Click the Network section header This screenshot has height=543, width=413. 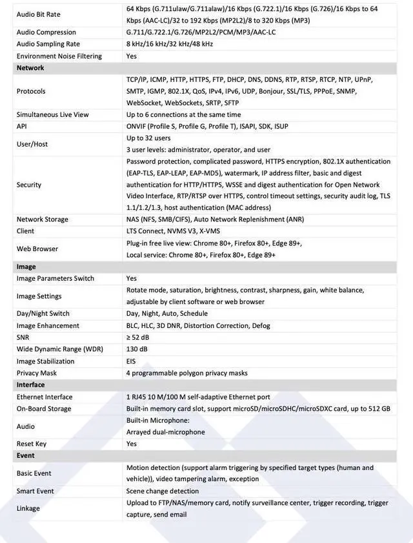(x=30, y=68)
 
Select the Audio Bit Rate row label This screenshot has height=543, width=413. (x=39, y=14)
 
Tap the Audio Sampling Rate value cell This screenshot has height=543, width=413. (x=169, y=44)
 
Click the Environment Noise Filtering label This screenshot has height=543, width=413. (x=59, y=56)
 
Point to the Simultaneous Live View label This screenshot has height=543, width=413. (x=53, y=114)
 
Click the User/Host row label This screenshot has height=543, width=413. (x=32, y=144)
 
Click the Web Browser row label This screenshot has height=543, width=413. (x=37, y=249)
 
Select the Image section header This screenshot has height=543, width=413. (x=26, y=267)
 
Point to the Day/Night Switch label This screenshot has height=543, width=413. (x=43, y=314)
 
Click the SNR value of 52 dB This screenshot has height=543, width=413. (x=137, y=337)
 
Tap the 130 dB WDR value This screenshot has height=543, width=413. (x=137, y=349)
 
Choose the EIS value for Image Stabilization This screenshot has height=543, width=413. (x=131, y=361)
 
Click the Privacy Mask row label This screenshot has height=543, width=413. (x=37, y=373)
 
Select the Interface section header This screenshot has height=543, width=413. (x=31, y=385)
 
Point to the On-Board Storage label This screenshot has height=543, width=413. (x=44, y=409)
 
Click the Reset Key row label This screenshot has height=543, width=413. (x=32, y=444)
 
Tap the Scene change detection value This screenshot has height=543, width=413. (x=163, y=491)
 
